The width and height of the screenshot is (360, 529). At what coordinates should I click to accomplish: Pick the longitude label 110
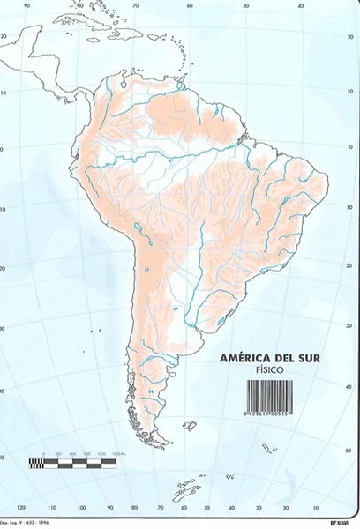(x=51, y=509)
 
